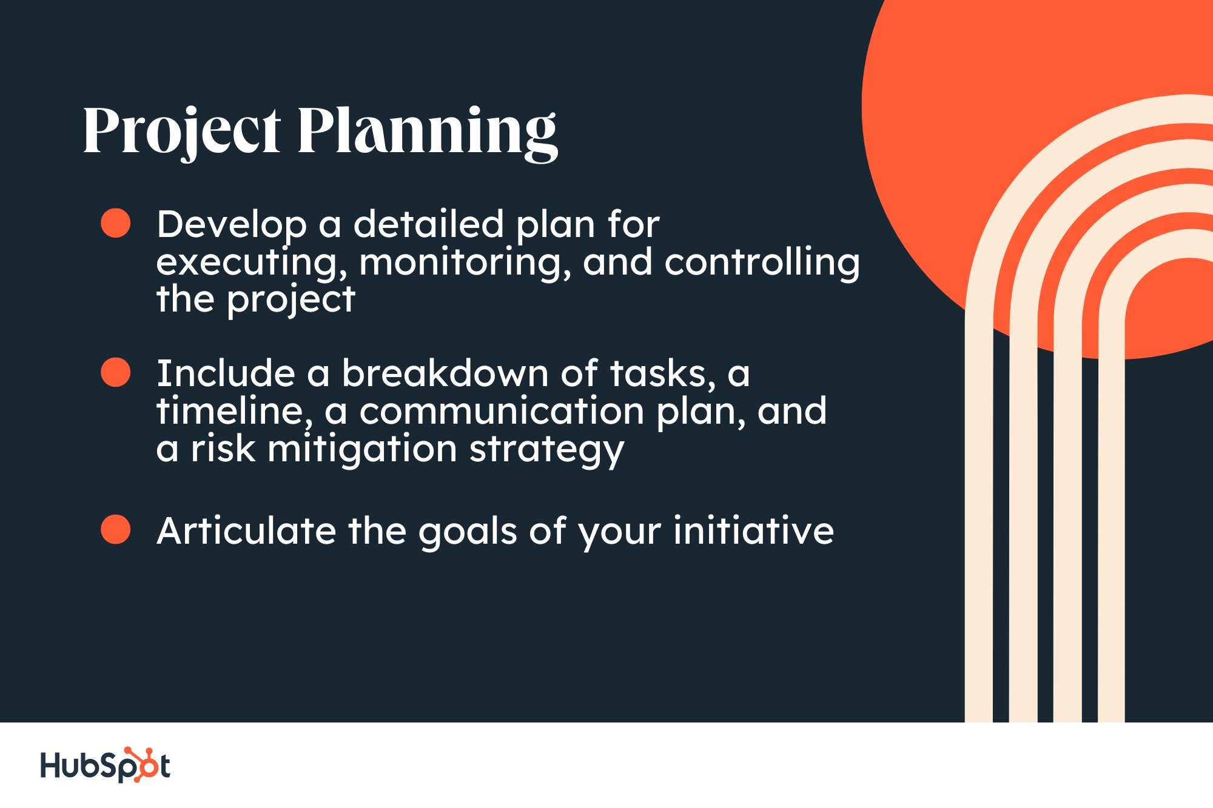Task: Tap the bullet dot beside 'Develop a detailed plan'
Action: click(115, 223)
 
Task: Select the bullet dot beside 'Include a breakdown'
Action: click(115, 372)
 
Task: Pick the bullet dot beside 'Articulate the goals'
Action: click(115, 529)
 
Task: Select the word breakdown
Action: click(445, 373)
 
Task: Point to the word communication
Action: click(502, 411)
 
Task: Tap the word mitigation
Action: click(362, 450)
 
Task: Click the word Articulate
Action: click(246, 531)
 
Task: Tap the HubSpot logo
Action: click(106, 765)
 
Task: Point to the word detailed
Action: click(428, 224)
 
